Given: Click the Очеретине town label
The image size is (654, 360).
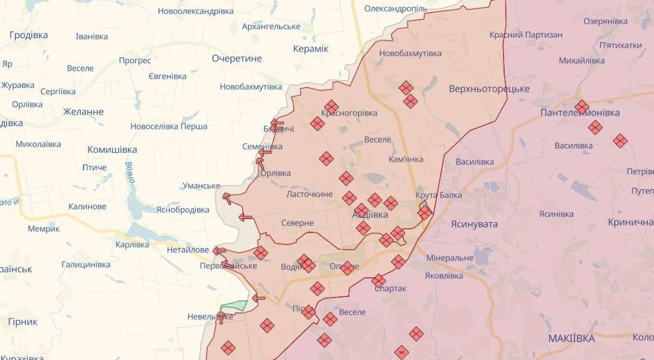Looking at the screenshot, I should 236,59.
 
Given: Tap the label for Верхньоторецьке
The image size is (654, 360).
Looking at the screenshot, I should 489,89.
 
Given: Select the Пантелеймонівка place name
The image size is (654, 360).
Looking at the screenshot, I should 579,113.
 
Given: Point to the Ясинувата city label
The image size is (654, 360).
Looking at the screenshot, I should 474,224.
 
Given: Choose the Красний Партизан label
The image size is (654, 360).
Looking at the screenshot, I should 526,35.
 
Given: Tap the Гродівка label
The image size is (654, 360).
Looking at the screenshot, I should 28,35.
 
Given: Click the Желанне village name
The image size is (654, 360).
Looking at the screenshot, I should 83,112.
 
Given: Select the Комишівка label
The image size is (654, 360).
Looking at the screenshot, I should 112,150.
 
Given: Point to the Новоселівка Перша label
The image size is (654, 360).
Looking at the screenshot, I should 169,127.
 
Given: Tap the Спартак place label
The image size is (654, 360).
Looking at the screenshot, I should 391,289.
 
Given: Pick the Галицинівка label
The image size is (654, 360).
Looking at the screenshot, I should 86,264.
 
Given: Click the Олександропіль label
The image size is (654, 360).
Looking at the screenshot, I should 395,9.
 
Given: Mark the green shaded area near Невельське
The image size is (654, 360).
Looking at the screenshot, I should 235,306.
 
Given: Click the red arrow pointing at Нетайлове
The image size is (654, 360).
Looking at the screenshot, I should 219,251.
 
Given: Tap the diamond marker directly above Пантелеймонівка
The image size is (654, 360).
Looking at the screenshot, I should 581,106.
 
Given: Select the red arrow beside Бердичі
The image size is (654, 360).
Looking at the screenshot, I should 276,124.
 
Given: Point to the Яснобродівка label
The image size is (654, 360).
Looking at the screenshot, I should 182,210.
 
